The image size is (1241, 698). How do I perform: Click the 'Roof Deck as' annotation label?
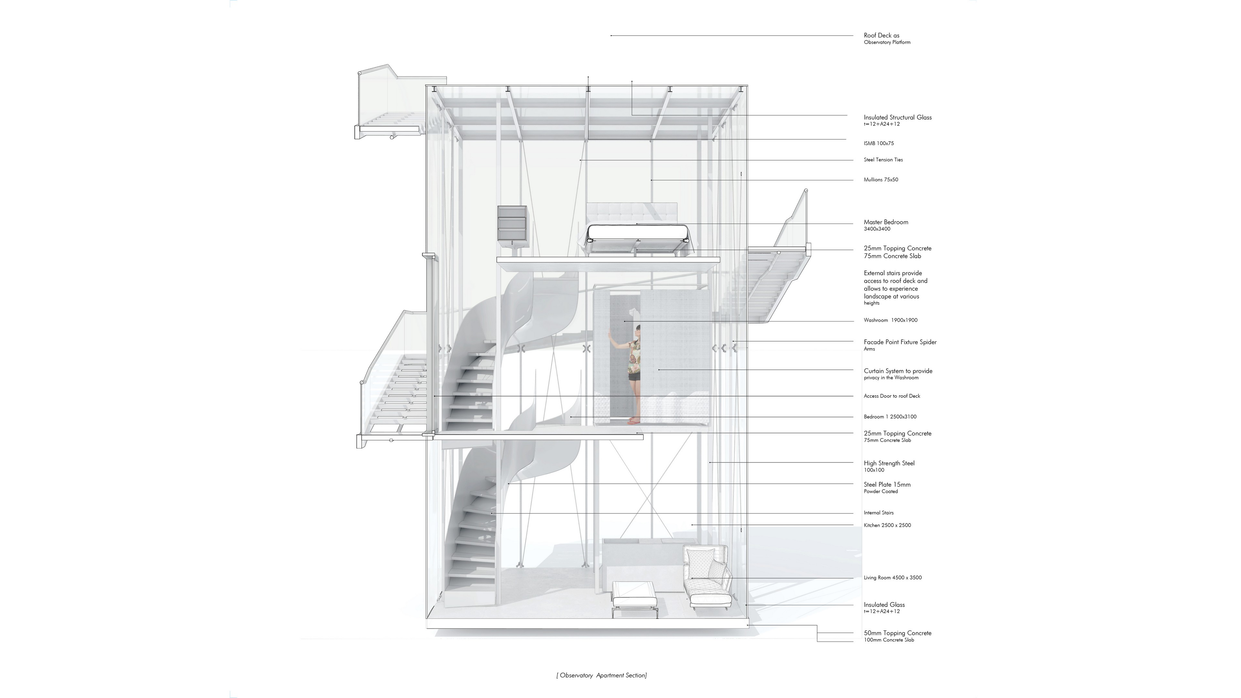pyautogui.click(x=881, y=35)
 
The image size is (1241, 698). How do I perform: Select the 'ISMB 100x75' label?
pyautogui.click(x=878, y=143)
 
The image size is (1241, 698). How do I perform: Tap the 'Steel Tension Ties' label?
pyautogui.click(x=883, y=159)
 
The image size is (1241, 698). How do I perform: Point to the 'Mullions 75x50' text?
pyautogui.click(x=881, y=180)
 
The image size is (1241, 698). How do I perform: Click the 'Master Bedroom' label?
pyautogui.click(x=886, y=222)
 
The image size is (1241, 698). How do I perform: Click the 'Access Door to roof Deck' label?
pyautogui.click(x=892, y=396)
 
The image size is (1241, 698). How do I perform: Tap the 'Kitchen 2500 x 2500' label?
pyautogui.click(x=887, y=525)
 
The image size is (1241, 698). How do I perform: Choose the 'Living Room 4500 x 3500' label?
pyautogui.click(x=892, y=577)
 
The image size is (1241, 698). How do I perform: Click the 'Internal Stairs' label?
pyautogui.click(x=878, y=513)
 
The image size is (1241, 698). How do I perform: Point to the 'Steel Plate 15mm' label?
pyautogui.click(x=887, y=485)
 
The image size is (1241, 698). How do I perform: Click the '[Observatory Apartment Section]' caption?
pyautogui.click(x=601, y=675)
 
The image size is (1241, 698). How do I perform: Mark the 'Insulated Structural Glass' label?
pyautogui.click(x=897, y=117)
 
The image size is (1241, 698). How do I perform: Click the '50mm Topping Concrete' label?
pyautogui.click(x=897, y=633)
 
